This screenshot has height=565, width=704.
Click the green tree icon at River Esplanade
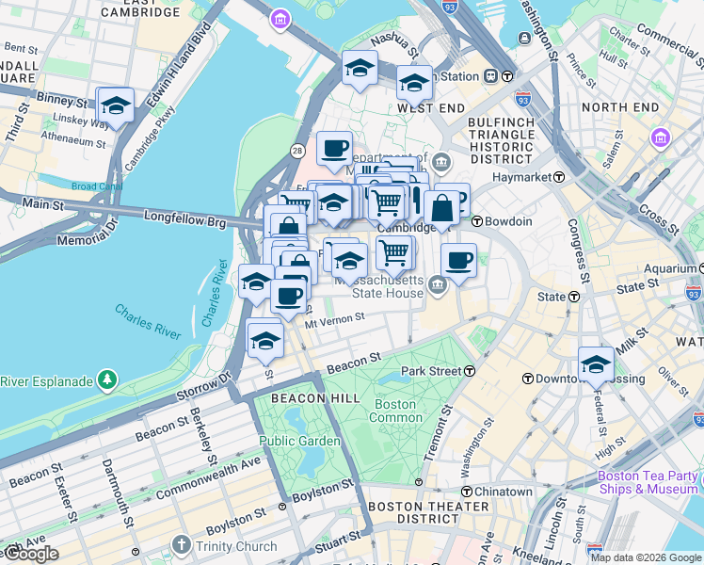[x=108, y=380]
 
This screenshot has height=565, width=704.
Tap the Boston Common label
[x=395, y=411]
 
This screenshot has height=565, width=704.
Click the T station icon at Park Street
[x=469, y=372]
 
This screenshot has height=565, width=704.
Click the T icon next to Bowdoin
[x=477, y=221]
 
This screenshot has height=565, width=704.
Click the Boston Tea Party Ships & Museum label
[x=648, y=482]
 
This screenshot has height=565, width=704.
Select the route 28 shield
[x=296, y=151]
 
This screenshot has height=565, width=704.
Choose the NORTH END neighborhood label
[x=620, y=107]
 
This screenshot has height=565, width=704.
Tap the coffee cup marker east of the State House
[x=458, y=261]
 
